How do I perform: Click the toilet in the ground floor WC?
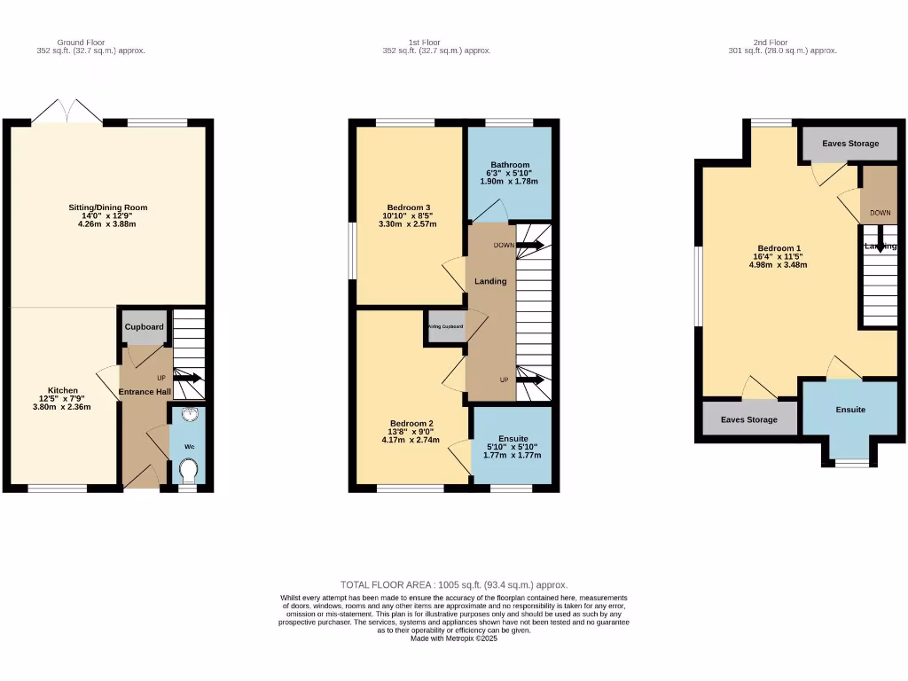189,469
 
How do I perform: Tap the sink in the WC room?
189,414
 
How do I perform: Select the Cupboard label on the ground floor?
144,327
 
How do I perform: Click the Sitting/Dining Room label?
108,207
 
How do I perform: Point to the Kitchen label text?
63,390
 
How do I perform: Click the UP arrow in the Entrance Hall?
187,378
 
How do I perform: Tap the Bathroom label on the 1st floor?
509,165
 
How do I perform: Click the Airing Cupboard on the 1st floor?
446,326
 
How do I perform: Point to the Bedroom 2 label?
409,423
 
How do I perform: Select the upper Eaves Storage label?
849,144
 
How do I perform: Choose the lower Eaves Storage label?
748,419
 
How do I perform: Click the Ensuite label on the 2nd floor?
850,410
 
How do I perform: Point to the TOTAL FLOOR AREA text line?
453,585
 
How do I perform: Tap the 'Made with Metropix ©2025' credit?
453,638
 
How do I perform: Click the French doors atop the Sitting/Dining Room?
67,113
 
